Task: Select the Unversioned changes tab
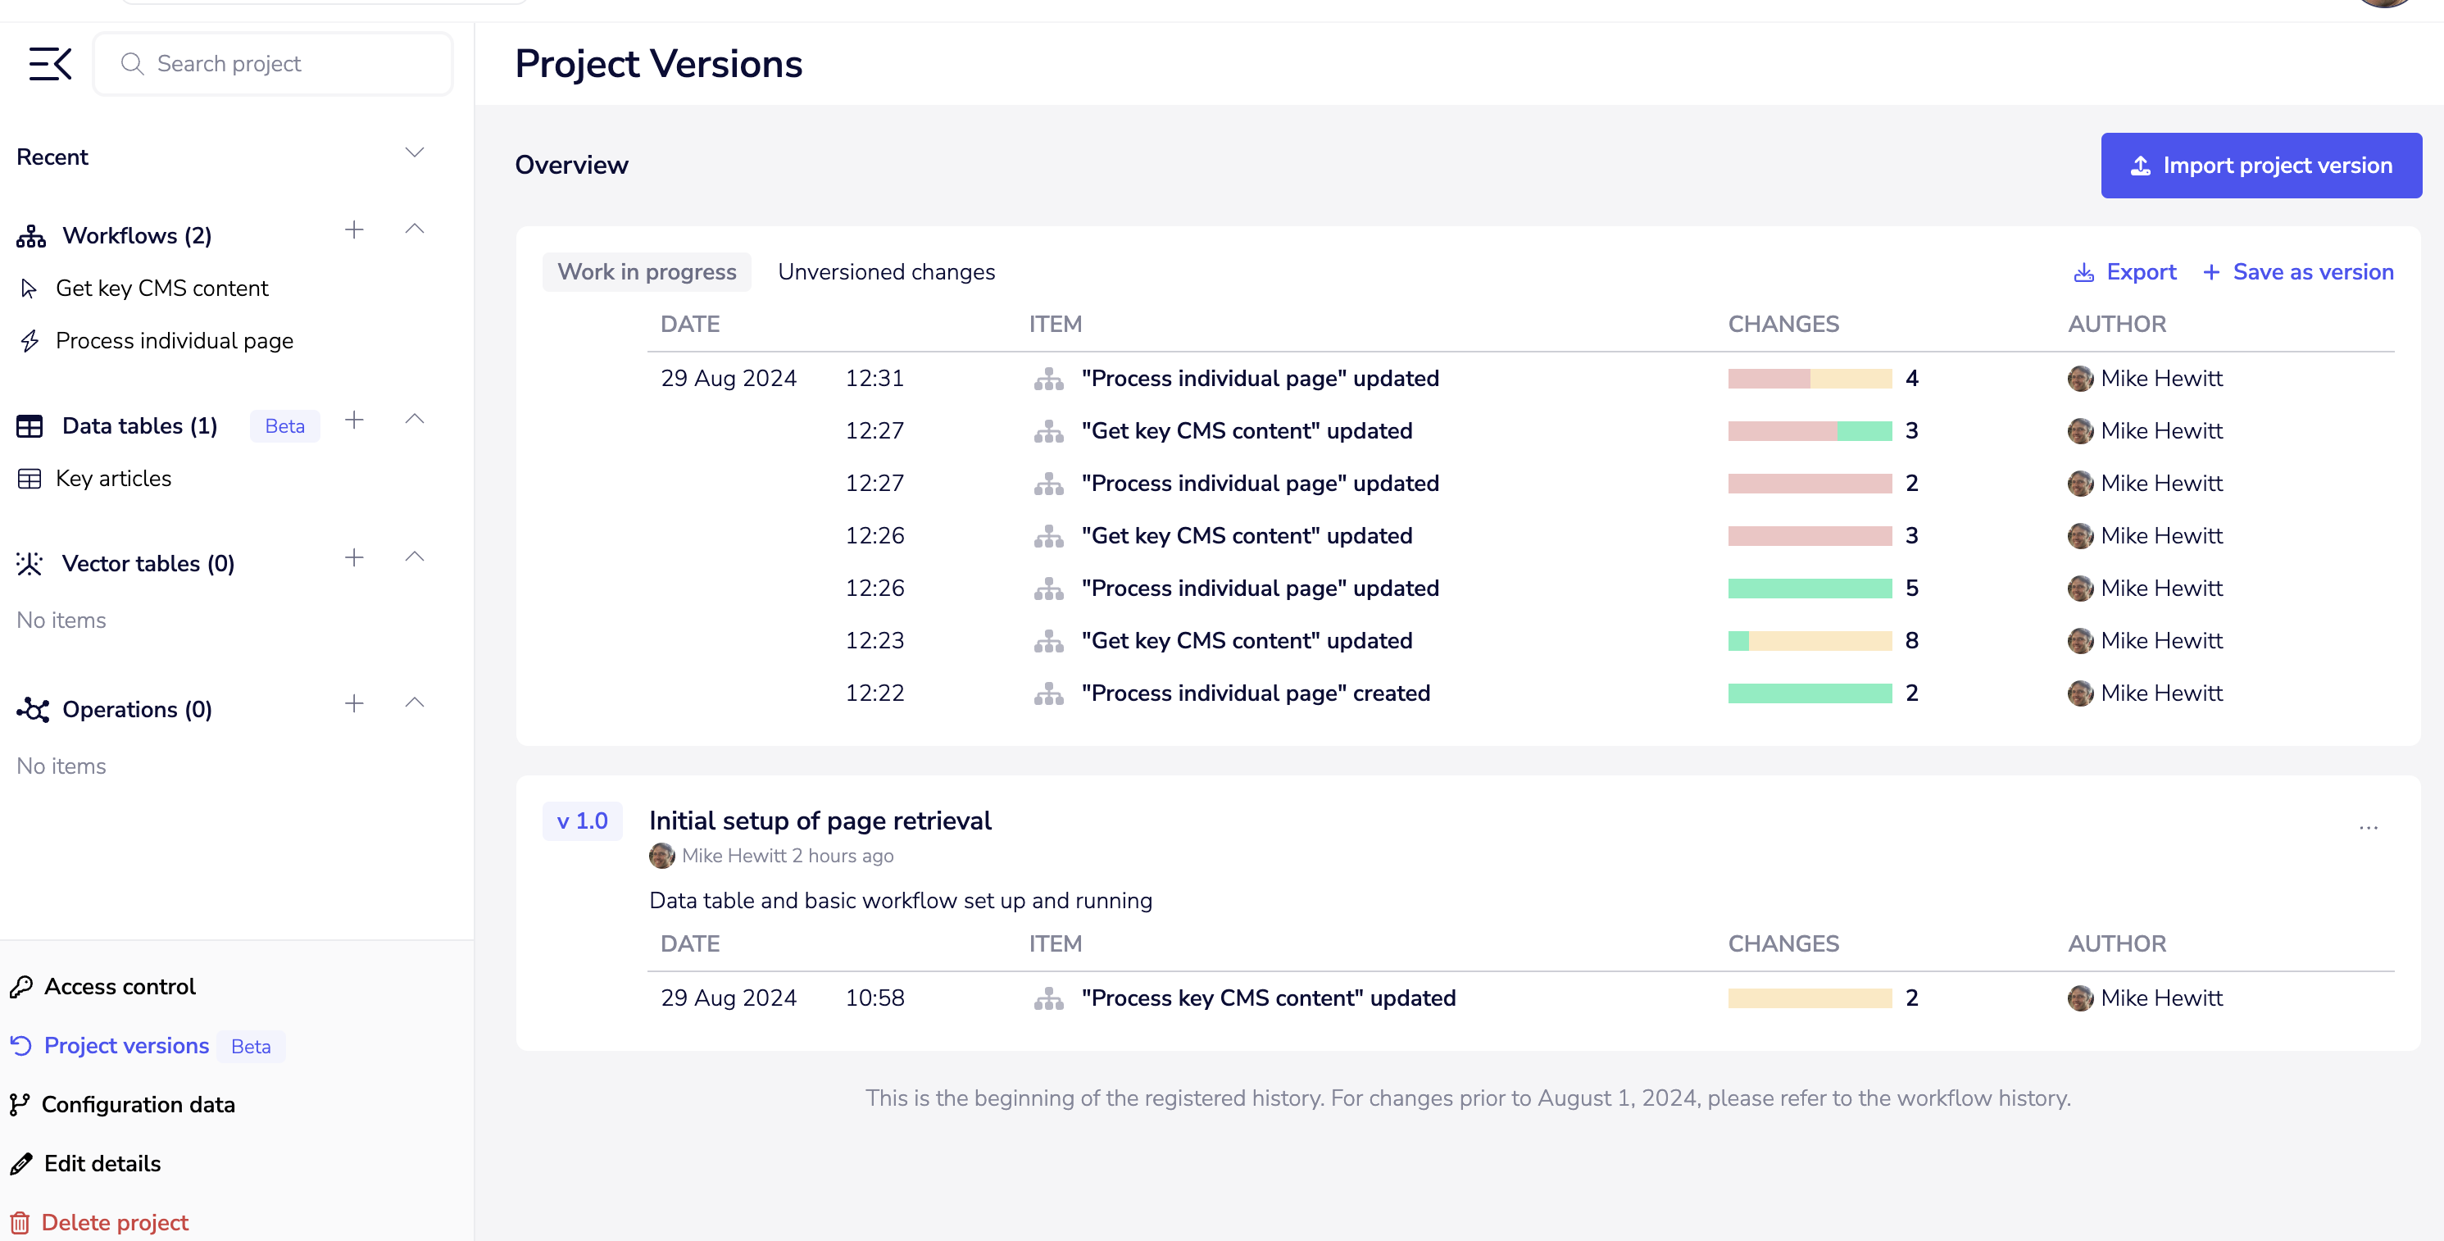885,272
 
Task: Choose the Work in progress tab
646,272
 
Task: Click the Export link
2124,272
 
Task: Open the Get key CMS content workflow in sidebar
161,289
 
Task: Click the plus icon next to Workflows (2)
354,230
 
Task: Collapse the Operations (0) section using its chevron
415,703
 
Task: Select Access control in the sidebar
120,987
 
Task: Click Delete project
114,1222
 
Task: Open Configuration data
138,1104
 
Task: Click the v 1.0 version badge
582,821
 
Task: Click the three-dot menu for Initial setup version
2368,827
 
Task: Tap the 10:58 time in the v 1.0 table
874,998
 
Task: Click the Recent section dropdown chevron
415,152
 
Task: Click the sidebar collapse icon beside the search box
50,64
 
